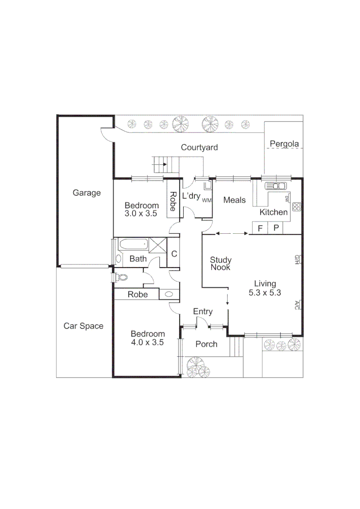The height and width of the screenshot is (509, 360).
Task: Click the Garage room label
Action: pyautogui.click(x=87, y=193)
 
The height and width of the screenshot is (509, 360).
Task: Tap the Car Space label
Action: pyautogui.click(x=83, y=326)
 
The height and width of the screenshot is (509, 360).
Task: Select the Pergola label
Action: pyautogui.click(x=284, y=144)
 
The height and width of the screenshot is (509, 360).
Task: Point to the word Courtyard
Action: pyautogui.click(x=199, y=148)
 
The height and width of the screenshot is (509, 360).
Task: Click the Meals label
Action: pyautogui.click(x=234, y=200)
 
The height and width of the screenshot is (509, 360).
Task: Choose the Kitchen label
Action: pyautogui.click(x=274, y=212)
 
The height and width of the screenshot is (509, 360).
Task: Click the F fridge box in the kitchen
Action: pyautogui.click(x=260, y=228)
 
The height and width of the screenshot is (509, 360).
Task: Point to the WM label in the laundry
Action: pyautogui.click(x=206, y=200)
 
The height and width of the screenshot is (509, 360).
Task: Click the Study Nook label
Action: pyautogui.click(x=221, y=263)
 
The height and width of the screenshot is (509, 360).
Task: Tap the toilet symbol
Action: pyautogui.click(x=122, y=277)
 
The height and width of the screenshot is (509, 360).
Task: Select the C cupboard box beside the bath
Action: pyautogui.click(x=174, y=254)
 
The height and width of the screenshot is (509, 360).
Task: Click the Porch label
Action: pyautogui.click(x=206, y=344)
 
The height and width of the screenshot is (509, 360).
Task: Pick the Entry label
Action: pyautogui.click(x=203, y=312)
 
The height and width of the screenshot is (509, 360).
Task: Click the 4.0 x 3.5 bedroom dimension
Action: pyautogui.click(x=147, y=343)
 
